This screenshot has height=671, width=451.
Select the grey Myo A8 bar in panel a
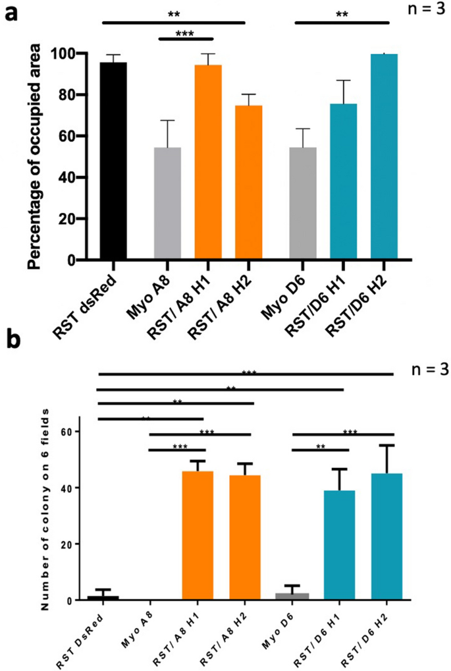click(x=167, y=204)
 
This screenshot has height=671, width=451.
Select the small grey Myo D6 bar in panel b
click(x=292, y=597)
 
